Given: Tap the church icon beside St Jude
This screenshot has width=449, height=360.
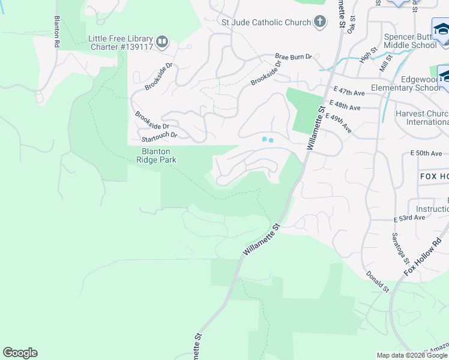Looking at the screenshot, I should pyautogui.click(x=321, y=23).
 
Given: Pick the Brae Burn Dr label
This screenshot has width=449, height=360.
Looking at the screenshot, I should pyautogui.click(x=294, y=57).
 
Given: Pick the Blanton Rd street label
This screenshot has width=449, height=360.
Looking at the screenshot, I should pyautogui.click(x=57, y=32).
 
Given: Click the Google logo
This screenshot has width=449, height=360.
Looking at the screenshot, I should pyautogui.click(x=20, y=353).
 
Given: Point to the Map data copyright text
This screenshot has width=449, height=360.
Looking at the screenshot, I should pyautogui.click(x=412, y=355).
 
